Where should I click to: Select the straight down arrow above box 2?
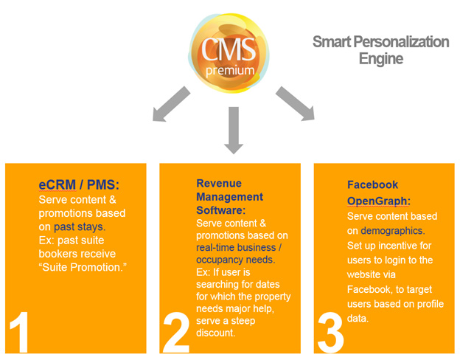pyautogui.click(x=233, y=129)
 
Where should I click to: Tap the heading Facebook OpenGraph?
pyautogui.click(x=373, y=193)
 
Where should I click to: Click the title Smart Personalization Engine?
pyautogui.click(x=380, y=50)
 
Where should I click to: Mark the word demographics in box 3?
pyautogui.click(x=391, y=230)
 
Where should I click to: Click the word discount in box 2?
pyautogui.click(x=217, y=332)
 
